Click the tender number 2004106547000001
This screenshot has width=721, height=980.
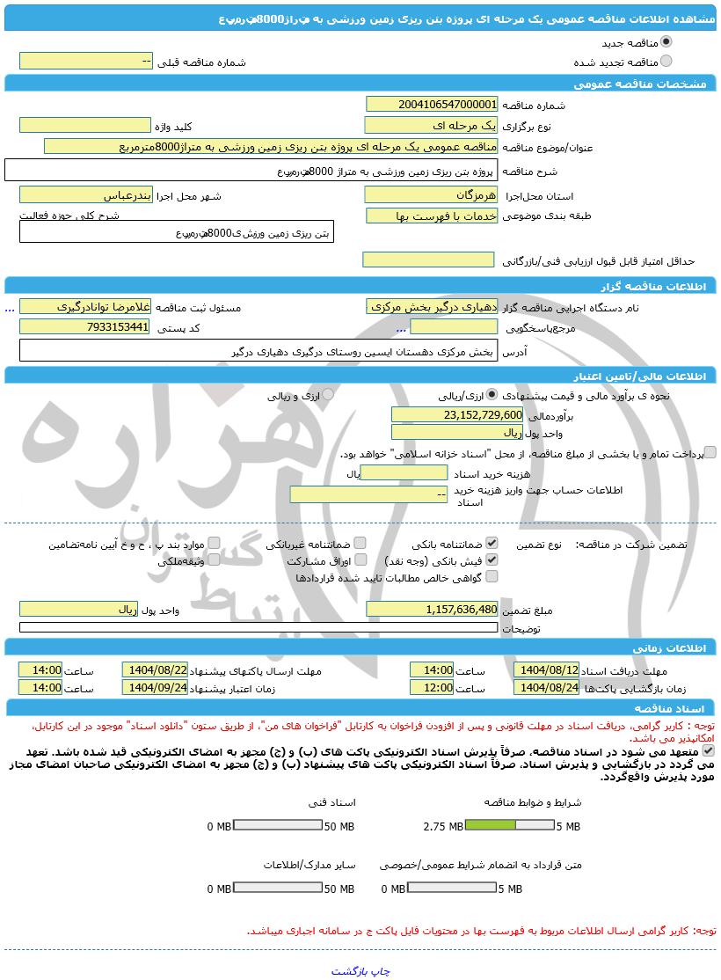click(431, 105)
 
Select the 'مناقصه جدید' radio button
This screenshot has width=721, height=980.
click(666, 41)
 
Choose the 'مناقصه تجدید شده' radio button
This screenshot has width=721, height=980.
click(666, 61)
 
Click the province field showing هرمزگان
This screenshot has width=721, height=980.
click(431, 194)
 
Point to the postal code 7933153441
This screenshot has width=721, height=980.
click(85, 327)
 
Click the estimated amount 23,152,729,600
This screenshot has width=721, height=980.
click(457, 414)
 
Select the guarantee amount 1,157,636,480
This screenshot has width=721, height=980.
click(431, 610)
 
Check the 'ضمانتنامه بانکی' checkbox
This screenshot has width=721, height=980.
click(492, 544)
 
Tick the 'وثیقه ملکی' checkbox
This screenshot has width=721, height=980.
click(214, 559)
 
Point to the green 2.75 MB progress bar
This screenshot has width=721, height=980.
click(492, 826)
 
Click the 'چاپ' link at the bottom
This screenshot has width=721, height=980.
click(379, 971)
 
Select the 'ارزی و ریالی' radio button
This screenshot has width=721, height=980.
click(328, 396)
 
